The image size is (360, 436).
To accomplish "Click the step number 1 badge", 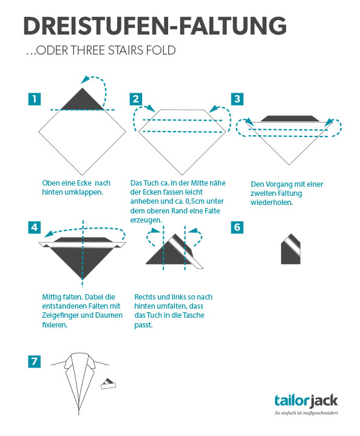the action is [35, 99].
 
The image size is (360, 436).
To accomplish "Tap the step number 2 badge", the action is [136, 99].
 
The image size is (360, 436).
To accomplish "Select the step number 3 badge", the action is [237, 99].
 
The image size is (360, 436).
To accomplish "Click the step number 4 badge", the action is [35, 227].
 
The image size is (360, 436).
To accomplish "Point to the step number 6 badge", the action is [237, 227].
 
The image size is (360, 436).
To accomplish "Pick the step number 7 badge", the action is [35, 361].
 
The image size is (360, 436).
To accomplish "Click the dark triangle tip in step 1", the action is [83, 89].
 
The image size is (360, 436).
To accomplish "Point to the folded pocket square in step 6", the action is [291, 249].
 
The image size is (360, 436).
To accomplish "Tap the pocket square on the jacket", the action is [108, 383].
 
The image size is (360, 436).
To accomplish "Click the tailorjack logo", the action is [306, 401].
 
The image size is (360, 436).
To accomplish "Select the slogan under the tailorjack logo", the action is [306, 413].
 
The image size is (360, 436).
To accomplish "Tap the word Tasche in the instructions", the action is [194, 315].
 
